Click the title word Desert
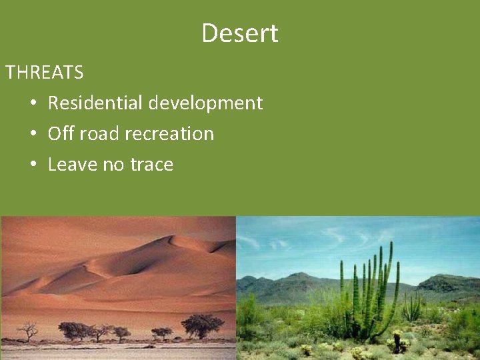tap(240, 33)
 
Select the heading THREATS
tap(45, 72)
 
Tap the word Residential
tap(95, 103)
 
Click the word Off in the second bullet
tap(61, 133)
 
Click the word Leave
tap(73, 164)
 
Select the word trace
tap(153, 164)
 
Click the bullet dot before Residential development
tap(33, 103)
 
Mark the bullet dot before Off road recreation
tap(33, 134)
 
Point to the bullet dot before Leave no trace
tap(33, 165)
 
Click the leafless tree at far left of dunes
tap(27, 330)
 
